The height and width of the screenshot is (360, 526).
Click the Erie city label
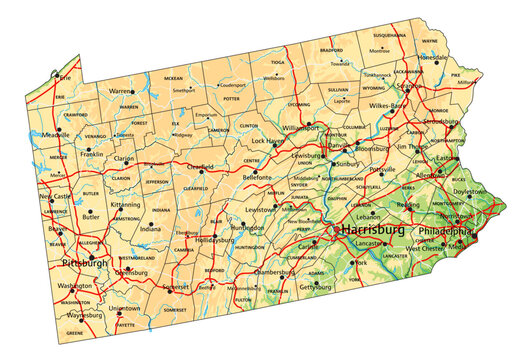tap(67, 76)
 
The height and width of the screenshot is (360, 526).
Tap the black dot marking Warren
tap(134, 91)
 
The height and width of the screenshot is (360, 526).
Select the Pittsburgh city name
tap(83, 263)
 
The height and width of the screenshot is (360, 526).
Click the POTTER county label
tap(232, 99)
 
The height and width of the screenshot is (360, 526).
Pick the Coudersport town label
tap(232, 84)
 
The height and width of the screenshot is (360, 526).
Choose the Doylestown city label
tap(475, 190)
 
